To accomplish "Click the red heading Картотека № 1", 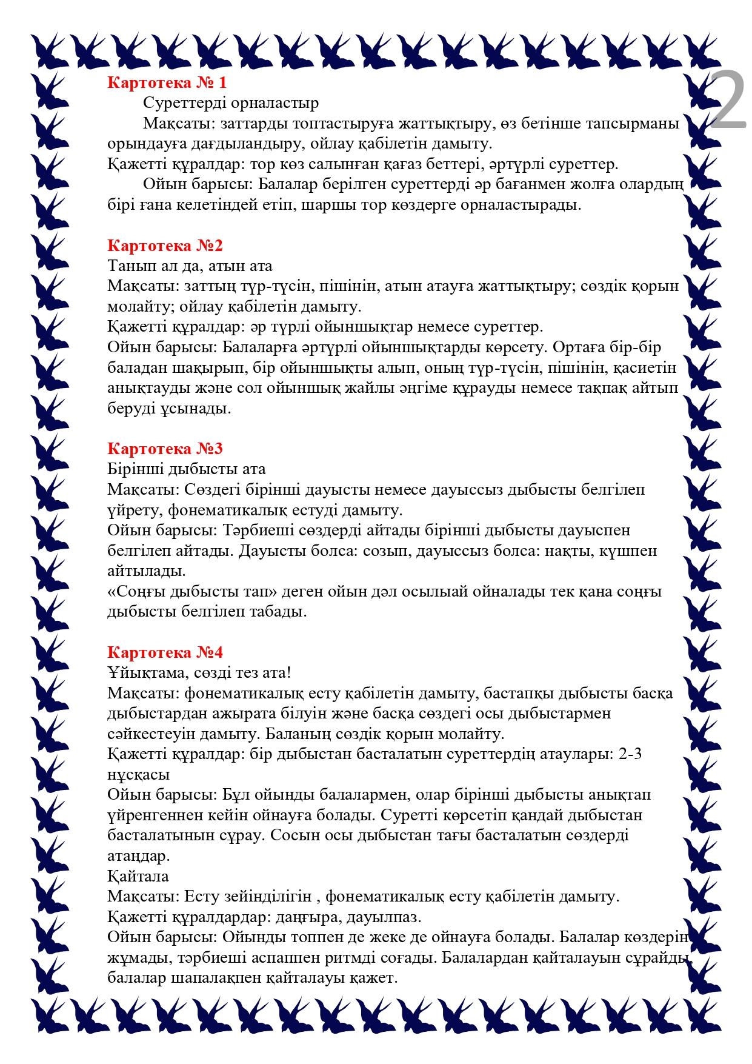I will (167, 83).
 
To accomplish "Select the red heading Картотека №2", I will (165, 246).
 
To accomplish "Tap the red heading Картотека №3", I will (165, 449).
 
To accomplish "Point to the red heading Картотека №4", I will (165, 652).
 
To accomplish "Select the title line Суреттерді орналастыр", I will (231, 104).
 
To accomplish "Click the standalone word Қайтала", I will (138, 876).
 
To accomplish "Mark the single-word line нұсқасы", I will (138, 775).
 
